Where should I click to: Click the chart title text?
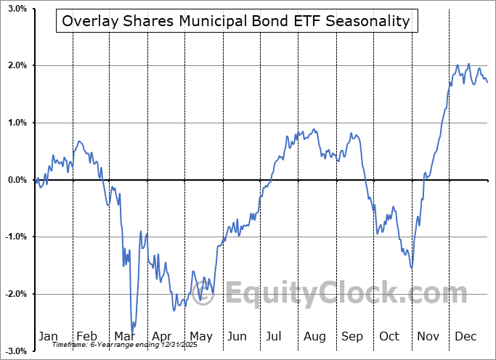coord(236,21)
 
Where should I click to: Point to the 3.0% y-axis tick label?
coord(16,9)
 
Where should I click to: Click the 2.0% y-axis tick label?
coord(16,66)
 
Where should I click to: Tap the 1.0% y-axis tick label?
coord(16,123)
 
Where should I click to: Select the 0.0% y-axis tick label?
coord(16,180)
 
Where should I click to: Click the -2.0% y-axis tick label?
coord(15,294)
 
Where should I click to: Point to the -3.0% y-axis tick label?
coord(15,351)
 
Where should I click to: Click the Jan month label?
coord(49,337)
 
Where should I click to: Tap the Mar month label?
coord(125,337)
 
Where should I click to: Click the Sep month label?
coord(352,337)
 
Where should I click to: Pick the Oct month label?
coord(389,337)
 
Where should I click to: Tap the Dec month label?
coord(466,337)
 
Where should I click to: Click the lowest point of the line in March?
coord(132,332)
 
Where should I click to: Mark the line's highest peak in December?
coord(468,64)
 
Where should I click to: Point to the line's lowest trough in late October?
coord(412,268)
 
